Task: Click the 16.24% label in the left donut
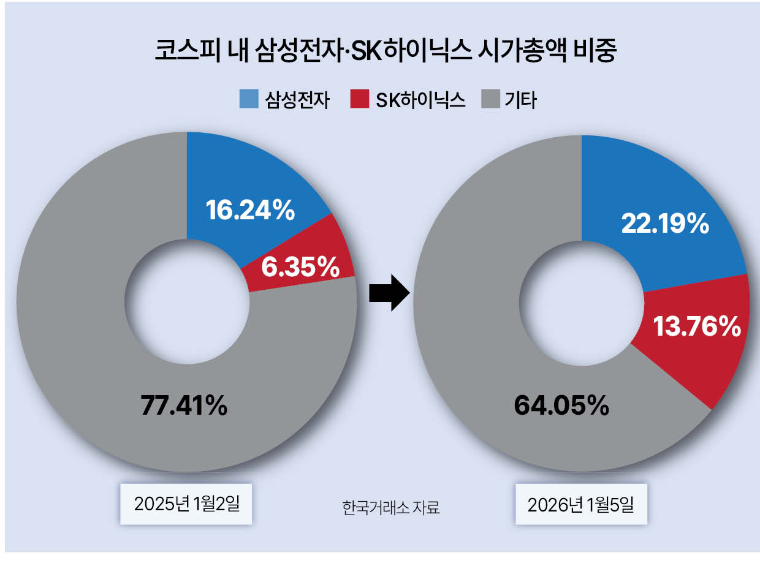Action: coord(250,210)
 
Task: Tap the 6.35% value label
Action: coord(300,266)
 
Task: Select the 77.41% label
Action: coord(184,405)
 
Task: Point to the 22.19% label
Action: coord(665,224)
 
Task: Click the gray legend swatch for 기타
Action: coord(490,99)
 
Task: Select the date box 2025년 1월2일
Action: coord(186,504)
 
